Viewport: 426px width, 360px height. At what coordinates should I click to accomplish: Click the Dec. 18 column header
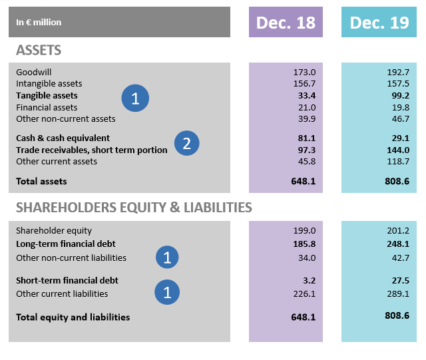(286, 23)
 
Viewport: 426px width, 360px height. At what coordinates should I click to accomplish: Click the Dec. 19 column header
(379, 23)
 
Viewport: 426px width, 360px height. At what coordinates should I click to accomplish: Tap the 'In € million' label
(39, 23)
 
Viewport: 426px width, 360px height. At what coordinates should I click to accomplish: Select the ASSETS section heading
(39, 50)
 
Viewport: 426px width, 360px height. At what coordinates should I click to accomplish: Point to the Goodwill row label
(33, 71)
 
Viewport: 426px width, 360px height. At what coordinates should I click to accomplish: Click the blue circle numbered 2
(187, 143)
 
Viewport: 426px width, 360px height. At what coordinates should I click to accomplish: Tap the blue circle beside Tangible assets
(135, 99)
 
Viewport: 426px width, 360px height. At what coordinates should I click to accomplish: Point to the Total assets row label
(41, 181)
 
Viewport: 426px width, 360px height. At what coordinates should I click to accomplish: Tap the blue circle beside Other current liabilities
(167, 291)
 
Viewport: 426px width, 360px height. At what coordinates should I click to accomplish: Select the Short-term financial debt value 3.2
(308, 281)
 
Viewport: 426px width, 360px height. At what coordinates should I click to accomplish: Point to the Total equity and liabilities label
(73, 317)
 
